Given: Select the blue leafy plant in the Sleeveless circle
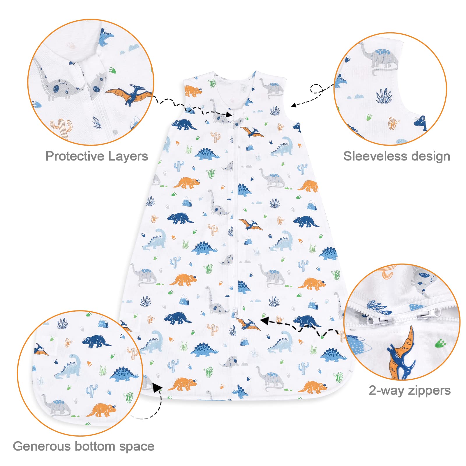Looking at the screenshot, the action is click(x=384, y=96).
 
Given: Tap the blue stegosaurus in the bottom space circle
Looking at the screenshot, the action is click(x=124, y=375).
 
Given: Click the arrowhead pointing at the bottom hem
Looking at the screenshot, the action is click(x=158, y=388).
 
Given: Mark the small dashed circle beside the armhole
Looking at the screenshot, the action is click(x=316, y=89).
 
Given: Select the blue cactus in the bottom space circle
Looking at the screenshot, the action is click(x=92, y=391).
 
